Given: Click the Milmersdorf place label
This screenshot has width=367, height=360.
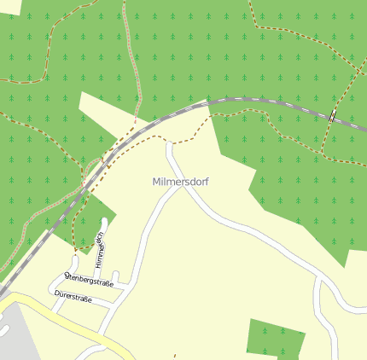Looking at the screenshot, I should coord(180,182).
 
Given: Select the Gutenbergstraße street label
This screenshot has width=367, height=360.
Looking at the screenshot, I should coord(89,279).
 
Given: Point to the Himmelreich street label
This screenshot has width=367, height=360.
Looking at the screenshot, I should coord(99,248).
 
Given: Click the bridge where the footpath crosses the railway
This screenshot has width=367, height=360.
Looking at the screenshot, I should coord(331,118).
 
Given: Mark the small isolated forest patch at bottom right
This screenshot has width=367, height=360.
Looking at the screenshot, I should coord(275,338).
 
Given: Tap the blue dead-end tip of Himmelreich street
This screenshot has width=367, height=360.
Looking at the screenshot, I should coord(104,222).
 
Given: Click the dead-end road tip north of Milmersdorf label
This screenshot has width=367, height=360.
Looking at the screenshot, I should coord(169,146).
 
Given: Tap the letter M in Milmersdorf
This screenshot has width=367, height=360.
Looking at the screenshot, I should coord(157,182).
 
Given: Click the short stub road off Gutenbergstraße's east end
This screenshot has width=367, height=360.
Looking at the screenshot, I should coord(115,276).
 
